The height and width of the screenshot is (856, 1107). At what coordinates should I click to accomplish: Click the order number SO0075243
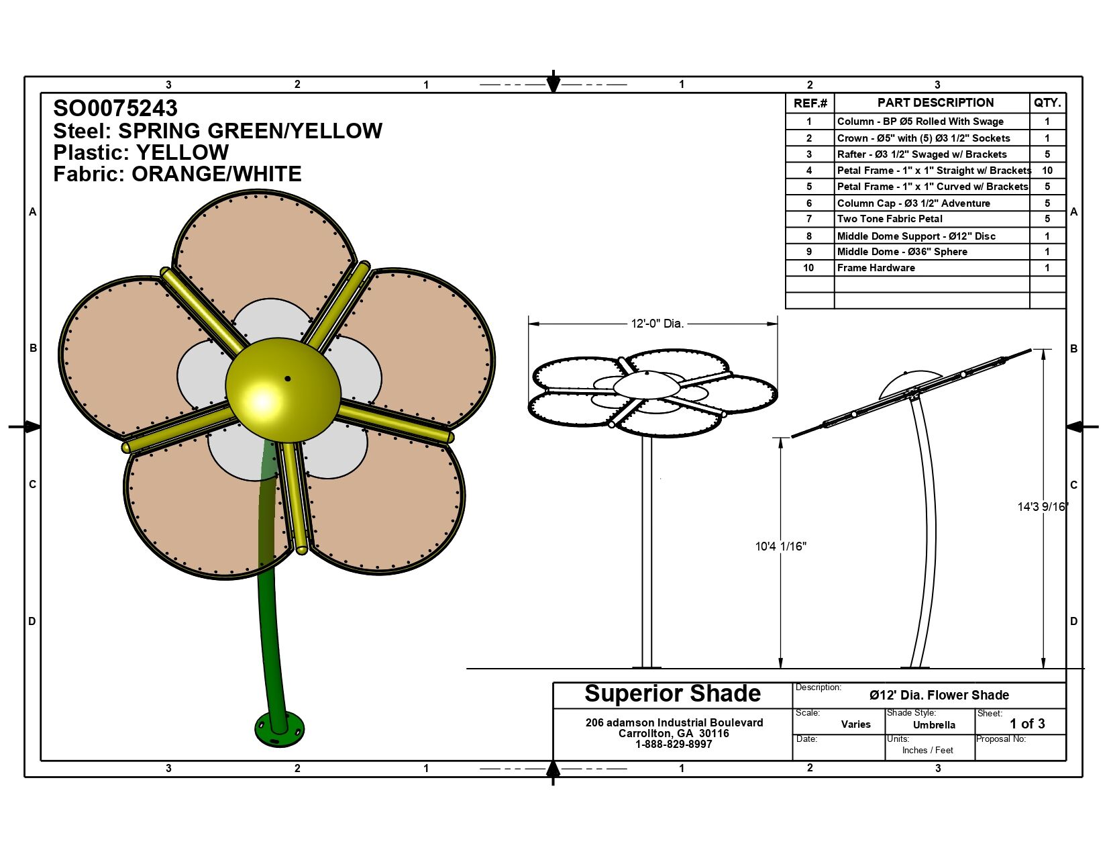(x=115, y=108)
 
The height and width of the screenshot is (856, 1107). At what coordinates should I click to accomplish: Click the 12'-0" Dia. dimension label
(x=657, y=324)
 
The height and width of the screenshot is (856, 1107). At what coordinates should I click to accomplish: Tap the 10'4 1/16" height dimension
(x=780, y=546)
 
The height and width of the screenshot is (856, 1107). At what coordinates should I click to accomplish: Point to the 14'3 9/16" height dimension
(x=1042, y=507)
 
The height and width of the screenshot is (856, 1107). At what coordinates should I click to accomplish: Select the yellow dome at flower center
(x=282, y=389)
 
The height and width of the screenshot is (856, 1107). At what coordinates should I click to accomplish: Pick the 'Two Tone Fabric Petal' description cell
(x=890, y=219)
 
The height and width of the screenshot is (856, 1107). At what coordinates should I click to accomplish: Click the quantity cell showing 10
(x=1047, y=171)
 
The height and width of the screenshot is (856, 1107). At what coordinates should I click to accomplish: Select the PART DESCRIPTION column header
(x=935, y=103)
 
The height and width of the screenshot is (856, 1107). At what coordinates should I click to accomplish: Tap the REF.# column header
(x=810, y=103)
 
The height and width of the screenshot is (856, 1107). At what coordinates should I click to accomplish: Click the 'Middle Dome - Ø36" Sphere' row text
(x=902, y=252)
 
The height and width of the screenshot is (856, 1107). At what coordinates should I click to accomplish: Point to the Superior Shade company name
(x=672, y=694)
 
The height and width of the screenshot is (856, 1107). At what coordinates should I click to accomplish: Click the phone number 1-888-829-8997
(x=674, y=745)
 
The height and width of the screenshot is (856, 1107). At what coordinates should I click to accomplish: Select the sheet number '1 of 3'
(x=1027, y=724)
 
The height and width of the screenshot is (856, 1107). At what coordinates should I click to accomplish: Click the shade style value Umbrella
(x=934, y=725)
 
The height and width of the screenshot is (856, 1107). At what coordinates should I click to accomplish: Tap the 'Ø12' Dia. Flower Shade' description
(x=939, y=696)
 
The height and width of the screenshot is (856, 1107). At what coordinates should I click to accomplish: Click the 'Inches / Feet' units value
(x=927, y=751)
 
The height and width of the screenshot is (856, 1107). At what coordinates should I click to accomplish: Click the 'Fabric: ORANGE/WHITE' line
(x=177, y=174)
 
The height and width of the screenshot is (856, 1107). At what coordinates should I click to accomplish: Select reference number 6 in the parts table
(x=809, y=203)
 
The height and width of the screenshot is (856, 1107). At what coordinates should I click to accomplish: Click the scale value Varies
(x=855, y=724)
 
